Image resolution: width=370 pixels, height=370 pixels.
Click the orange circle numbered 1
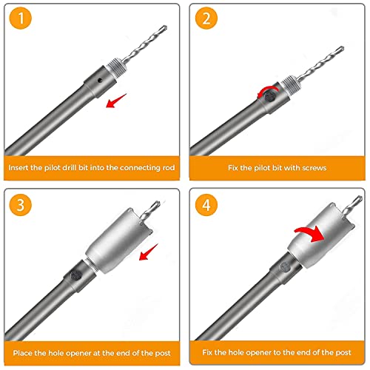[x=21, y=18]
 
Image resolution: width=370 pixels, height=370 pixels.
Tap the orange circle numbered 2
[x=206, y=18]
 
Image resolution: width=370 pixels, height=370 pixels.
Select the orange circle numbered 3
[x=21, y=205]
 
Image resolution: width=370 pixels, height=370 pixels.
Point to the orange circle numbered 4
[x=206, y=205]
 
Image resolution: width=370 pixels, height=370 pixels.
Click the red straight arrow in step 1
[x=115, y=101]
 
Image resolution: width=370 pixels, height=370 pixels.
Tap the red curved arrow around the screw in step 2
[x=268, y=89]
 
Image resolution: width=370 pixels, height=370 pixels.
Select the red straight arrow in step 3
[x=148, y=252]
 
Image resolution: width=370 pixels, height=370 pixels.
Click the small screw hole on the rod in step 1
[x=100, y=80]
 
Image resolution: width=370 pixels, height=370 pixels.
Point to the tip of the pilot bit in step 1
[x=165, y=27]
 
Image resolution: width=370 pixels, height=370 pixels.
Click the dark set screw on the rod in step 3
[x=76, y=275]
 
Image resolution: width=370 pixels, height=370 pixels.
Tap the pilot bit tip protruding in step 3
[x=157, y=203]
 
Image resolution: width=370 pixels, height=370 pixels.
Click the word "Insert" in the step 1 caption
[x=18, y=168]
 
